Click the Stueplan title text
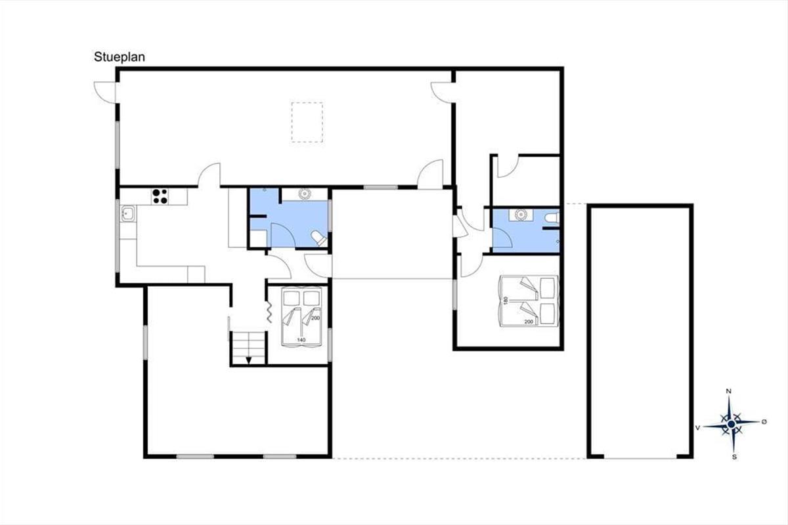pyautogui.click(x=120, y=57)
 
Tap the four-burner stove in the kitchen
pyautogui.click(x=160, y=196)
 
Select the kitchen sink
pyautogui.click(x=127, y=214)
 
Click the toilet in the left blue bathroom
pyautogui.click(x=319, y=239)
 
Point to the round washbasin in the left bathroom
pyautogui.click(x=304, y=194)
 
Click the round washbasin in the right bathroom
pyautogui.click(x=520, y=215)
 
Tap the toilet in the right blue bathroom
pyautogui.click(x=552, y=219)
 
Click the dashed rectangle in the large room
pyautogui.click(x=307, y=122)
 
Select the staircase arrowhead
pyautogui.click(x=249, y=360)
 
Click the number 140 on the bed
pyautogui.click(x=301, y=340)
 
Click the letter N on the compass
pyautogui.click(x=729, y=391)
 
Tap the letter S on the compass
pyautogui.click(x=734, y=457)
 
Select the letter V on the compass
pyautogui.click(x=697, y=428)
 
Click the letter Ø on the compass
pyautogui.click(x=764, y=421)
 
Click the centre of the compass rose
pyautogui.click(x=732, y=424)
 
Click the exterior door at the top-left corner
pyautogui.click(x=105, y=93)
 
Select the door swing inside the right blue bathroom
pyautogui.click(x=502, y=238)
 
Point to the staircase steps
pyautogui.click(x=248, y=348)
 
